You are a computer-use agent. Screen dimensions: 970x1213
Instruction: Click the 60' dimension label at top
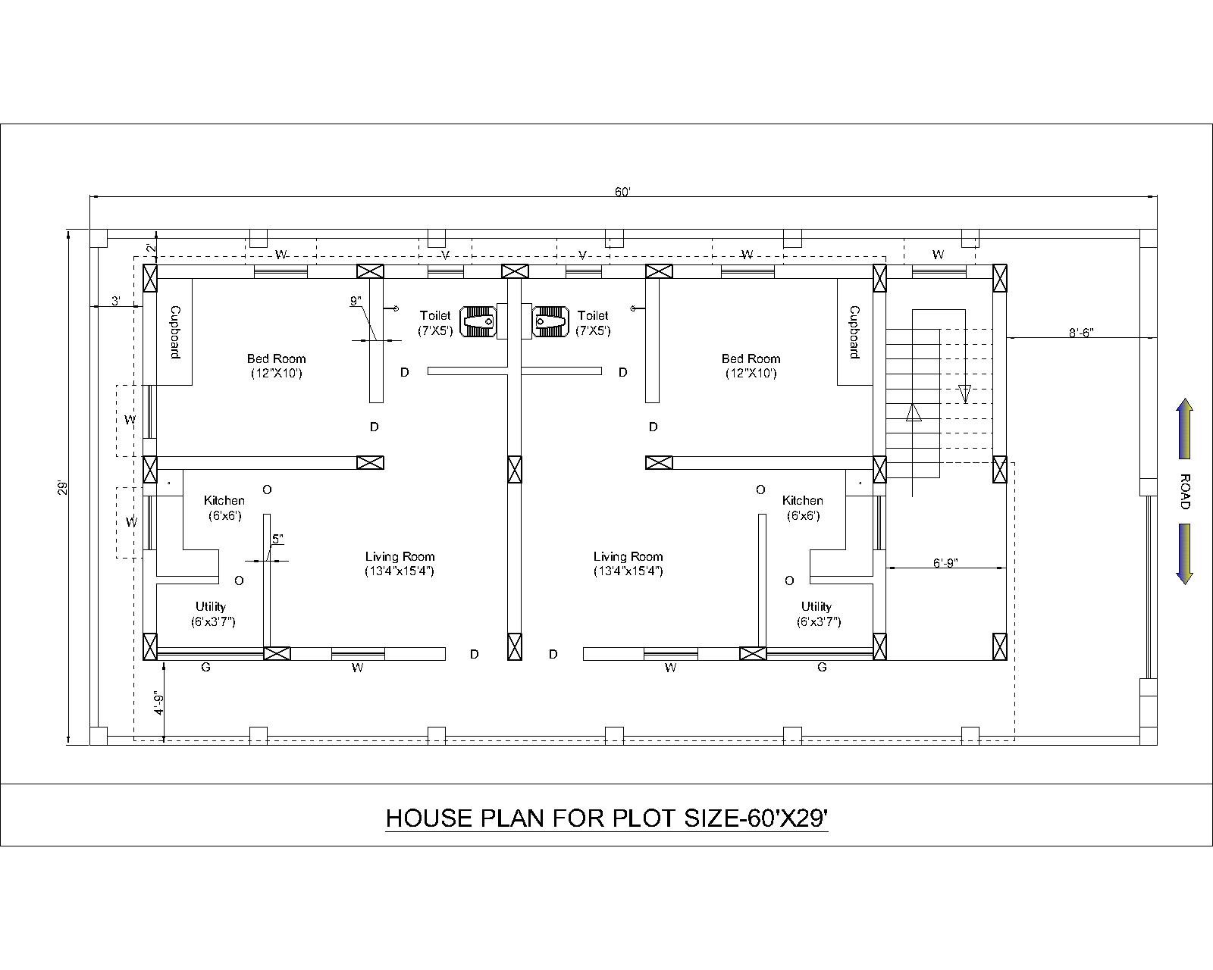click(x=622, y=192)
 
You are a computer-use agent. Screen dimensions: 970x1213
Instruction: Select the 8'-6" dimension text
click(x=1081, y=333)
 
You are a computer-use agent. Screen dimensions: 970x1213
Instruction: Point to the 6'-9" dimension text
click(x=945, y=562)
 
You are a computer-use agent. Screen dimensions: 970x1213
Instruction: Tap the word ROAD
click(x=1185, y=492)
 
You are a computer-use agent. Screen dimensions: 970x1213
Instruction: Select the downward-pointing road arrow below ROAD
click(x=1184, y=554)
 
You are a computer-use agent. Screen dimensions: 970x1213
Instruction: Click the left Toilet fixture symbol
click(x=478, y=321)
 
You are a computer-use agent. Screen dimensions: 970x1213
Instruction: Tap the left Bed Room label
click(x=276, y=365)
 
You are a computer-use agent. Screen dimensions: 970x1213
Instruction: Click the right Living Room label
click(x=628, y=563)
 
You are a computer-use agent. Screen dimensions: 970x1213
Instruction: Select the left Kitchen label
click(x=224, y=507)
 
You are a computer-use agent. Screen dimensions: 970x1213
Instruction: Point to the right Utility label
click(x=817, y=613)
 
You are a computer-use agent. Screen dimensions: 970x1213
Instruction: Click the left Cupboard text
click(x=174, y=332)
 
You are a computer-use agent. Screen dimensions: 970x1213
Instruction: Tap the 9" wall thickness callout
click(x=356, y=301)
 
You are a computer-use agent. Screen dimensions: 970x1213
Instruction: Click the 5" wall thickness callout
click(x=277, y=539)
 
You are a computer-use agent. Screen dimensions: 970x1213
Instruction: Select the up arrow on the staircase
click(x=914, y=411)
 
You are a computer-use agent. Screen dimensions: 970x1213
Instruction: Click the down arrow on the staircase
click(x=964, y=393)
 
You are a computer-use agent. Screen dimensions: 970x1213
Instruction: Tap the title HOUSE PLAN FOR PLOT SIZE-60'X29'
click(x=606, y=818)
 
